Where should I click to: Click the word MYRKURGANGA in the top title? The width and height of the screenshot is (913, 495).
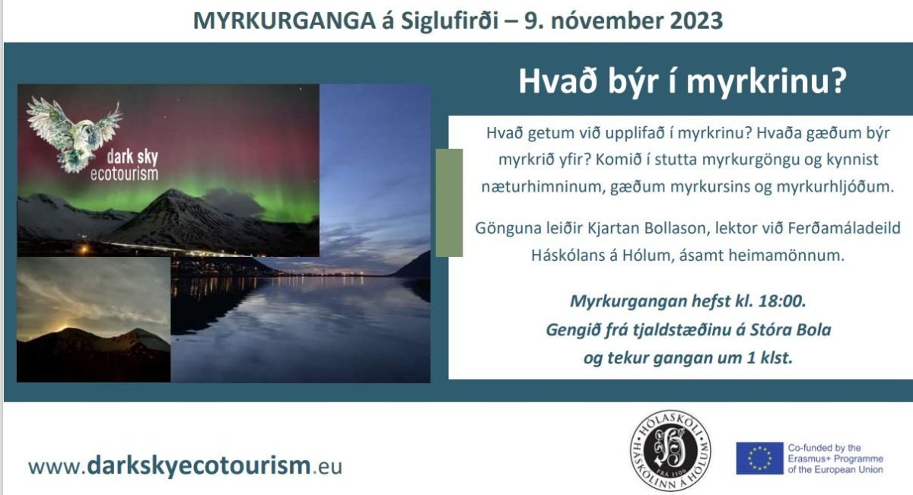click(x=284, y=21)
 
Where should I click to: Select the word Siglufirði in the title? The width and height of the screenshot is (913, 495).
click(x=450, y=21)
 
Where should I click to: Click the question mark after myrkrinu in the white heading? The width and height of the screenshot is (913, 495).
click(x=838, y=81)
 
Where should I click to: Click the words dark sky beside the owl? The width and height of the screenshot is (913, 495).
click(x=132, y=157)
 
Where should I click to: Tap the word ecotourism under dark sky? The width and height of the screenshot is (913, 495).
click(x=124, y=173)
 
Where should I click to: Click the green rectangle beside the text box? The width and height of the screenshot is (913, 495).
click(x=449, y=203)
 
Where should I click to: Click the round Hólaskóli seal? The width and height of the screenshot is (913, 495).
click(x=670, y=450)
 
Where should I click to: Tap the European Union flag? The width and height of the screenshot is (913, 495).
click(x=760, y=459)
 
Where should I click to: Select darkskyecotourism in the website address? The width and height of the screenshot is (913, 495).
click(x=199, y=465)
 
